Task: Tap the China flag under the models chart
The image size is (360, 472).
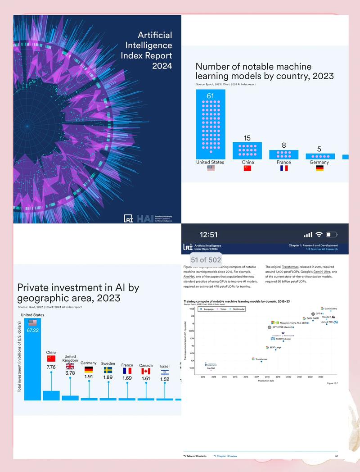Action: tap(247, 168)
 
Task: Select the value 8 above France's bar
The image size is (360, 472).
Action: tap(283, 145)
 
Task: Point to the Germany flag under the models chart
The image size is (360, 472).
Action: tap(319, 168)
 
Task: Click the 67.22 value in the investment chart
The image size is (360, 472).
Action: tap(32, 330)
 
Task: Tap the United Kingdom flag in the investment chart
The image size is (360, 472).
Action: tap(70, 366)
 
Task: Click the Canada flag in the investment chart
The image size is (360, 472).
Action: tap(146, 372)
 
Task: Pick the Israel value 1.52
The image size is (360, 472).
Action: tap(165, 379)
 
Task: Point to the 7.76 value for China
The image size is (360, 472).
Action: tap(51, 367)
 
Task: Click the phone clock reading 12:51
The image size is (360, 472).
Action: tap(208, 235)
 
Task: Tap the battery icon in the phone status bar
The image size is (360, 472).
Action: tap(332, 235)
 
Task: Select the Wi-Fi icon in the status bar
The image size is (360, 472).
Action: tap(319, 235)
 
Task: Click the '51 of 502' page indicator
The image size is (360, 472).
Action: tap(206, 260)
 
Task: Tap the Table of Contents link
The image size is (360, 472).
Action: tap(195, 456)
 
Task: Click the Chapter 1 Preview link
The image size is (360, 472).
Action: tap(225, 456)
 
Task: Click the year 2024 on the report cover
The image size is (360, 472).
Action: tap(162, 66)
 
